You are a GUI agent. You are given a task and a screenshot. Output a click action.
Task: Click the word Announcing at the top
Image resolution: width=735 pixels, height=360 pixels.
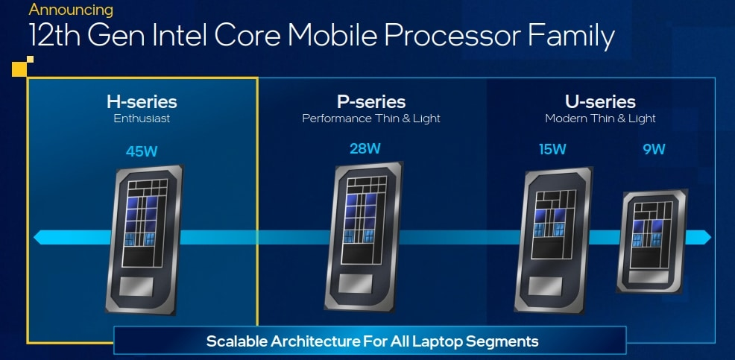(x=72, y=10)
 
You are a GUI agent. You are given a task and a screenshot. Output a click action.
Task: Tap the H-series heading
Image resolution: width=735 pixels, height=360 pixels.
(x=142, y=101)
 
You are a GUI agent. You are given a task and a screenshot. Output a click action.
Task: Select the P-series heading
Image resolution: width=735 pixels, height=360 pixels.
(x=371, y=101)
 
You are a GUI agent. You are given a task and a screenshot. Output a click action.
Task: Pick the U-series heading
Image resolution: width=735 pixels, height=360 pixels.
(x=600, y=101)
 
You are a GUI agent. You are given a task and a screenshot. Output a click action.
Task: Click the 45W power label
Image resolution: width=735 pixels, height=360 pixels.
(x=142, y=151)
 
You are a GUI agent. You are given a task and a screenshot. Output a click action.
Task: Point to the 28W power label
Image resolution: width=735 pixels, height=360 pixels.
(x=365, y=148)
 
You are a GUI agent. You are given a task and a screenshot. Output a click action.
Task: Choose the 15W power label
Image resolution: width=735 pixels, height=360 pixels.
(x=552, y=150)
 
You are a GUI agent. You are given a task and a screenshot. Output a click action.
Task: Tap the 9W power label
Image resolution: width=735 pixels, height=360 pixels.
(x=654, y=150)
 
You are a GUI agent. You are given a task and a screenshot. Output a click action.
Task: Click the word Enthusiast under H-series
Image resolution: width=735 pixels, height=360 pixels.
(x=142, y=119)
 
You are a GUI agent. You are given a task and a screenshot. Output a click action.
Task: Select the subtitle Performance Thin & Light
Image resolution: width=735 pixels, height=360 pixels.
(x=371, y=119)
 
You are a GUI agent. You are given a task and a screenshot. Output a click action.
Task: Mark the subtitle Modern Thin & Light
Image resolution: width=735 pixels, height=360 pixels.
(x=600, y=119)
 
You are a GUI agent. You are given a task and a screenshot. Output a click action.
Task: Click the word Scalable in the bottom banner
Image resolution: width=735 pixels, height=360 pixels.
(x=233, y=341)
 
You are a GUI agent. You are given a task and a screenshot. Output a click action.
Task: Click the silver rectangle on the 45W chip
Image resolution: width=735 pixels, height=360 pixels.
(x=136, y=286)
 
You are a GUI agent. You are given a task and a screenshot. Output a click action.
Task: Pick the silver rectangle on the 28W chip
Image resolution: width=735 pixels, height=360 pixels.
(x=356, y=283)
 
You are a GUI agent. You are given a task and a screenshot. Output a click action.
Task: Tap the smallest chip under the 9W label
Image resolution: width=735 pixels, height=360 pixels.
(x=652, y=241)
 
